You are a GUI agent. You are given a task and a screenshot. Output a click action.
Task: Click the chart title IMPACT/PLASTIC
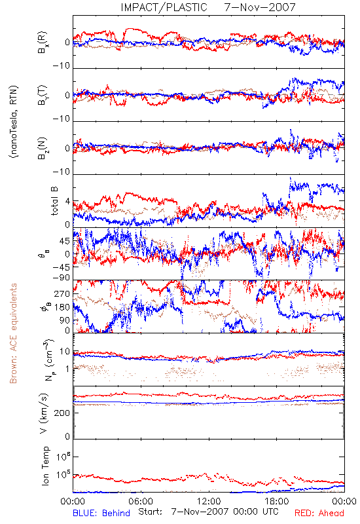coord(164,7)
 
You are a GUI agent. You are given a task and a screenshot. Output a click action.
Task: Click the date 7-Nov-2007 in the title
coord(260,7)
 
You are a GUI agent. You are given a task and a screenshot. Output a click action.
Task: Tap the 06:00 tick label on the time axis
coord(141,501)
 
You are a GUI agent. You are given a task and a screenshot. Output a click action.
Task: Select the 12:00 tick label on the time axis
coord(209,501)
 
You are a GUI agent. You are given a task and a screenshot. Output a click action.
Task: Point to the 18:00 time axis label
coord(277,501)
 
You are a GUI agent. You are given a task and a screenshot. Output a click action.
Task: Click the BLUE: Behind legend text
coord(101,513)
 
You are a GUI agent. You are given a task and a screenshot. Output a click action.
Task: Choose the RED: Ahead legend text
coord(319,513)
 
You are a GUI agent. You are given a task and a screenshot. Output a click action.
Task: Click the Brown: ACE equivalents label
coord(13,333)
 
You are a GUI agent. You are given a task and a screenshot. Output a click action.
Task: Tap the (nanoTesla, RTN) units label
coord(14,122)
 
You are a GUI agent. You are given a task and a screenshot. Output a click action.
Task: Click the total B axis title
coord(54,201)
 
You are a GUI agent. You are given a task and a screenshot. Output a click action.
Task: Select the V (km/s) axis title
coord(44,413)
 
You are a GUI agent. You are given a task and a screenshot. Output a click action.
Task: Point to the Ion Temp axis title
coord(45,466)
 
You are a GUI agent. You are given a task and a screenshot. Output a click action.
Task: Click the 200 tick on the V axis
coord(63,413)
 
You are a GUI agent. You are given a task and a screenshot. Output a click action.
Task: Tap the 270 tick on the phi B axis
coord(63,294)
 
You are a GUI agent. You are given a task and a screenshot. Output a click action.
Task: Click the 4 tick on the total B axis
coord(68,202)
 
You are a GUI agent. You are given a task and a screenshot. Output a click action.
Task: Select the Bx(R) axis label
coord(43,43)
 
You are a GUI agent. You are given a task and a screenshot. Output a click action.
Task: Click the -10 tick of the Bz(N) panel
coord(62,172)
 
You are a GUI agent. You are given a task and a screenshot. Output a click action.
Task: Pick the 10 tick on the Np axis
coord(65,352)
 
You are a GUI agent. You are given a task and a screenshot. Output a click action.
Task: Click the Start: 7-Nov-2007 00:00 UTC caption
coord(208,512)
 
